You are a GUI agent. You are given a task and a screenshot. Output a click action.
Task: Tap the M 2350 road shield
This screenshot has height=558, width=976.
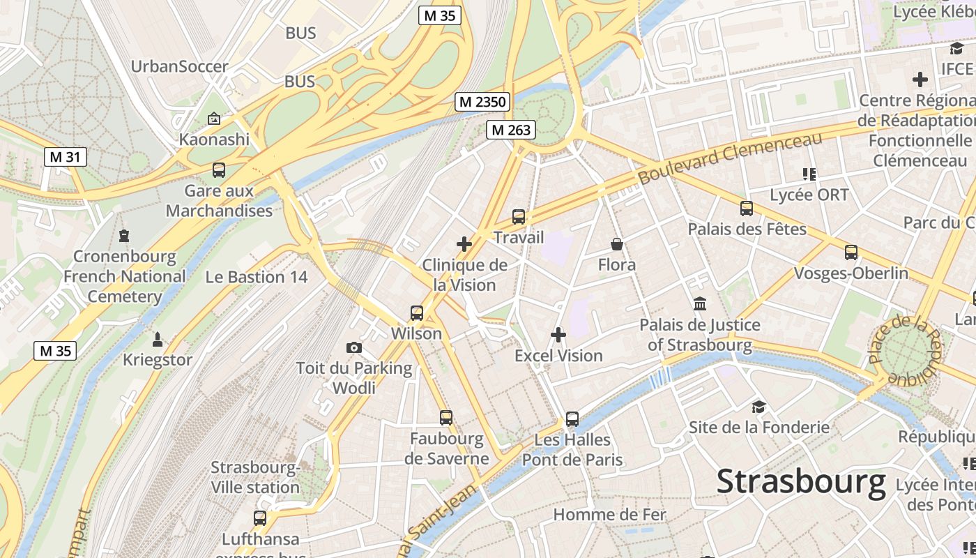[482, 102]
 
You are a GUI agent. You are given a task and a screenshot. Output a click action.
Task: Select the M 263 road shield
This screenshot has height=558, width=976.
[511, 130]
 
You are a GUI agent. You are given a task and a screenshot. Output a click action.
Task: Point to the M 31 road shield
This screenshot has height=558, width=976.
[65, 157]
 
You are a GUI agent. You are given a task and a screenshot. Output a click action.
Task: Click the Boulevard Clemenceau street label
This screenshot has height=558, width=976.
[730, 158]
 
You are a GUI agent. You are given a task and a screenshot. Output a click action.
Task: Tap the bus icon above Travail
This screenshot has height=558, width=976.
[518, 217]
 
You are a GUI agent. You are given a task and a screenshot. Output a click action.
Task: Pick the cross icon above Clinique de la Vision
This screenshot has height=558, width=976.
[464, 244]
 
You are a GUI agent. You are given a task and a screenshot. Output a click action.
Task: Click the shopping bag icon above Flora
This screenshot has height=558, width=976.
[617, 244]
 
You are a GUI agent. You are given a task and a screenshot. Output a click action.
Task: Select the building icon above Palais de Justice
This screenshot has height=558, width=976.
[700, 304]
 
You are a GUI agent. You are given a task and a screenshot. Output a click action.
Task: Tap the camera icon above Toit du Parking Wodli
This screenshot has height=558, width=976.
[354, 347]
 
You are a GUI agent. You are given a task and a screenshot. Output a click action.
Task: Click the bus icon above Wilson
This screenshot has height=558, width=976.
[417, 312]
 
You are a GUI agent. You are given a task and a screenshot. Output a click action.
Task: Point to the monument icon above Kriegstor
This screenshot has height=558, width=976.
[158, 340]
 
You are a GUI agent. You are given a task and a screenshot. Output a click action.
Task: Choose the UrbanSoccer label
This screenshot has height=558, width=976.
[180, 67]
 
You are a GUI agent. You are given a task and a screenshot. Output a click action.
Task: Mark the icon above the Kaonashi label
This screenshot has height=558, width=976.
[214, 119]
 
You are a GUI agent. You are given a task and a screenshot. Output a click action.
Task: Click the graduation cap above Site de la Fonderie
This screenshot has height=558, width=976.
[758, 407]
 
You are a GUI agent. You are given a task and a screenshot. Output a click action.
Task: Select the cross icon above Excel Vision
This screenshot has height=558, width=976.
[558, 335]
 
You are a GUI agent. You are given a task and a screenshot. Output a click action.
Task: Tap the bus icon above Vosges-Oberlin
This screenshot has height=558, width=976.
[851, 252]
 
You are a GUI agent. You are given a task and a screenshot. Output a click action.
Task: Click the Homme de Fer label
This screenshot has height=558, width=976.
[610, 515]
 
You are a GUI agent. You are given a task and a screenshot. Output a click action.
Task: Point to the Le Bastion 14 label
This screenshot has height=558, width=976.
[256, 277]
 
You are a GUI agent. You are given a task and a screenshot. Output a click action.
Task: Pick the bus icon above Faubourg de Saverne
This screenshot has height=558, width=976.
[446, 418]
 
